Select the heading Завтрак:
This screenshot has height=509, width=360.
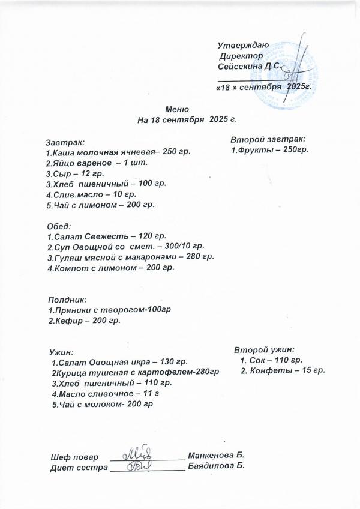click(x=65, y=143)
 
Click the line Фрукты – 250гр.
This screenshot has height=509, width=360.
click(x=270, y=149)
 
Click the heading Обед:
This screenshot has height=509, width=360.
click(x=59, y=227)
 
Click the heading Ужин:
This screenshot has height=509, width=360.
click(x=61, y=352)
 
